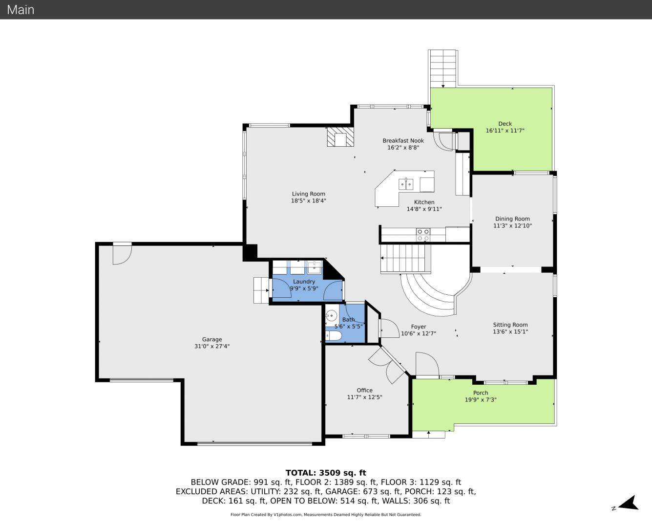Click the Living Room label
[308, 194]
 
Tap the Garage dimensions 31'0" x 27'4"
[212, 346]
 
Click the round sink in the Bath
[331, 315]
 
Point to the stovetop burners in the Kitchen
[423, 235]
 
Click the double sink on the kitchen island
[406, 184]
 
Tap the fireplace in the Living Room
[340, 137]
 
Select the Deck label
[505, 124]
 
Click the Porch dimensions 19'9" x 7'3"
[481, 399]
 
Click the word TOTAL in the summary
[300, 473]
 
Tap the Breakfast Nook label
[403, 141]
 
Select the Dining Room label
[512, 219]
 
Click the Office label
[364, 390]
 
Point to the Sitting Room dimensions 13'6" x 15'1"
[510, 331]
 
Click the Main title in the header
[21, 10]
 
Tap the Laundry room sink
[315, 267]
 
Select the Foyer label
[419, 327]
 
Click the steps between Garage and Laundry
[261, 290]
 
